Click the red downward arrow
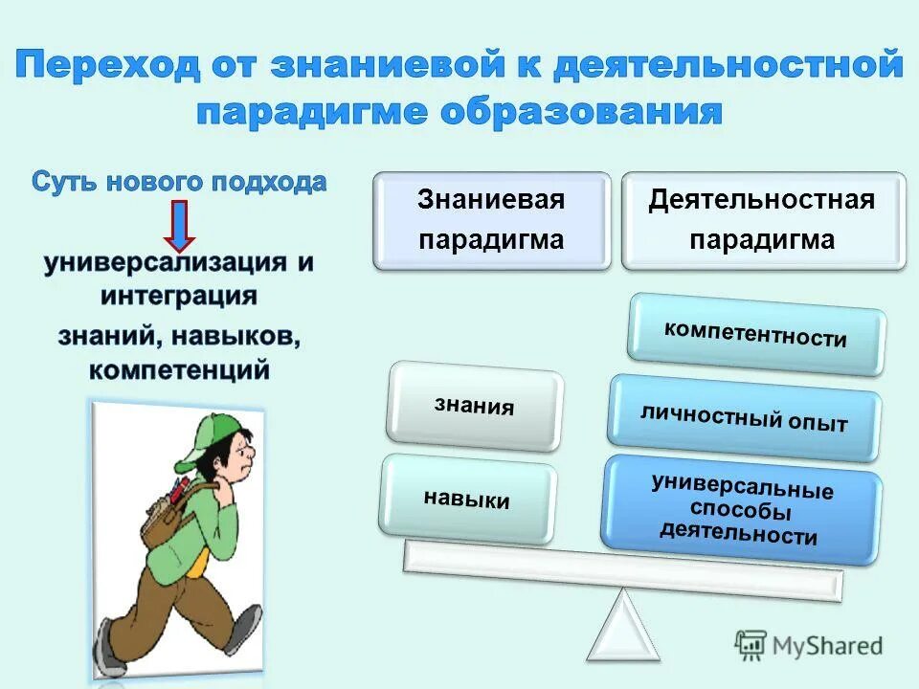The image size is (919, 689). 179,225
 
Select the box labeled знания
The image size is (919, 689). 475,406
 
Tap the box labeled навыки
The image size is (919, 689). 467,499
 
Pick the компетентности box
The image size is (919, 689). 756,335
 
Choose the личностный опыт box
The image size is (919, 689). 744,418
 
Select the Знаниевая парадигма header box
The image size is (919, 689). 491,219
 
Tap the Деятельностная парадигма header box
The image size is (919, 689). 762,219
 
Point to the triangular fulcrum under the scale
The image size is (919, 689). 623,626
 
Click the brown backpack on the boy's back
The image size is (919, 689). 168,507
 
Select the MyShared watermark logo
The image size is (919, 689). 809,645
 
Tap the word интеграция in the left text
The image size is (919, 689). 180,294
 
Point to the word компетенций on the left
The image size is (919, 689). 180,368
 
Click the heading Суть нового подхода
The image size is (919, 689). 179,182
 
